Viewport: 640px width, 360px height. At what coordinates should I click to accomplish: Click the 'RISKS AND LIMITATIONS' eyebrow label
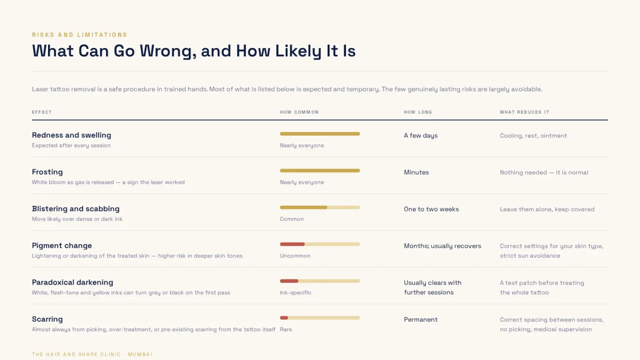click(x=80, y=35)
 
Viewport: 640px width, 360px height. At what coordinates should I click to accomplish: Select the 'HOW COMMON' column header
click(x=299, y=112)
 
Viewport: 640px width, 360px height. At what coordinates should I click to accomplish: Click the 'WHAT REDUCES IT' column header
click(x=525, y=112)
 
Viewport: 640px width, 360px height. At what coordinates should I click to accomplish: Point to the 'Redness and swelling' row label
click(x=71, y=135)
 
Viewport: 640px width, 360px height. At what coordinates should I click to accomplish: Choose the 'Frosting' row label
click(x=47, y=172)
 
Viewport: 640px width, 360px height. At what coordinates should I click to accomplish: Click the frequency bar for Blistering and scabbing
click(x=320, y=207)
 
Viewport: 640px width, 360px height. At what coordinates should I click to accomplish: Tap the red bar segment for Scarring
click(x=284, y=318)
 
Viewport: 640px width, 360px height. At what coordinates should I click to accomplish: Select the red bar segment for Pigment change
click(x=292, y=244)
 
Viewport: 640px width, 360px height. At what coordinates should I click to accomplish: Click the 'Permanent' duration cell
click(x=421, y=319)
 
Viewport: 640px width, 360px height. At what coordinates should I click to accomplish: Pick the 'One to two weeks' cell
click(x=431, y=209)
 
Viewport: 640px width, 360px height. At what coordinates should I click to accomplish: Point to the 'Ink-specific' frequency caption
click(x=295, y=293)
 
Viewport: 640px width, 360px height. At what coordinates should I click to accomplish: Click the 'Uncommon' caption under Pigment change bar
click(x=295, y=256)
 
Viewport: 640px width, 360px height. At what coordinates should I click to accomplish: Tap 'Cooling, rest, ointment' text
click(x=533, y=136)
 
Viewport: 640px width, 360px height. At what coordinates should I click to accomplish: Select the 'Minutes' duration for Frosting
click(x=416, y=172)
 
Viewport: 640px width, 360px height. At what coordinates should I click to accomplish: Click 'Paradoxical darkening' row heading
click(x=73, y=282)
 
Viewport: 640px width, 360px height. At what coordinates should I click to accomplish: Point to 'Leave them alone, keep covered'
click(x=547, y=209)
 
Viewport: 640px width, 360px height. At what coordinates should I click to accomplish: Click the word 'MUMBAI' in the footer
click(x=140, y=355)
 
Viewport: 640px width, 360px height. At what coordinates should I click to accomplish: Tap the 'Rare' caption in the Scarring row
click(x=286, y=329)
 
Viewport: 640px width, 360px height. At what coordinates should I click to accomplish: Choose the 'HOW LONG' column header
click(x=418, y=112)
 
